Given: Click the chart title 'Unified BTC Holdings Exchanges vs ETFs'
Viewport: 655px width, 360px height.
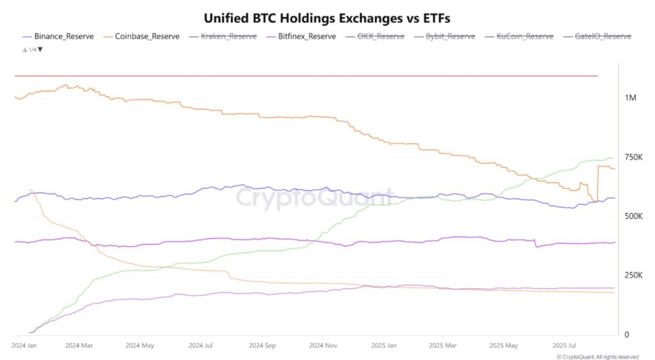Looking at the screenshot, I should (327, 17).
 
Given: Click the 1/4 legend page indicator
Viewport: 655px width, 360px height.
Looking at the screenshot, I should (33, 49).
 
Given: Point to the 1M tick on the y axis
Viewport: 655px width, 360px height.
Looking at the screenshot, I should (630, 98).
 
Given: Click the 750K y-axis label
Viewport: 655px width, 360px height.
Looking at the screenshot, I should (633, 157).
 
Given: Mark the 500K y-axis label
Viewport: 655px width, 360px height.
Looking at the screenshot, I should (633, 217).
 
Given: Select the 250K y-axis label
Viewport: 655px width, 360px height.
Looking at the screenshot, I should (633, 276).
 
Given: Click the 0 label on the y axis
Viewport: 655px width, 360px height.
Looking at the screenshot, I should (627, 334).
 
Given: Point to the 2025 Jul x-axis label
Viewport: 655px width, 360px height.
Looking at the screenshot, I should (564, 345).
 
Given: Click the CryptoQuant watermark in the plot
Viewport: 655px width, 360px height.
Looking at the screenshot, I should (315, 198).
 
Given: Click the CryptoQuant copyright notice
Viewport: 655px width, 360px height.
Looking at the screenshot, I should (597, 356).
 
